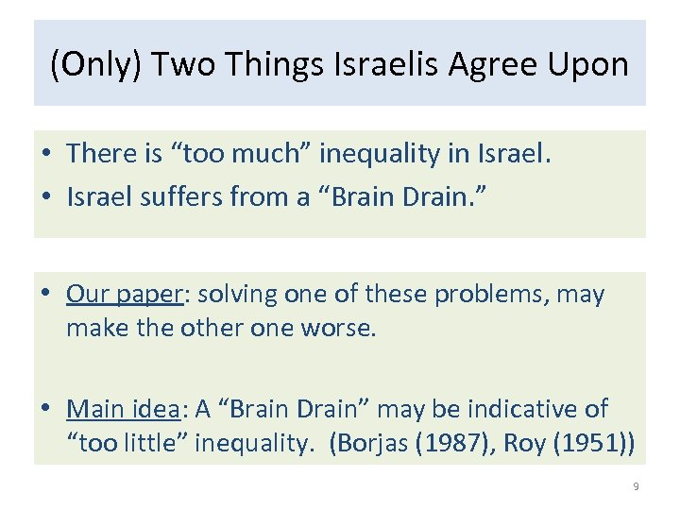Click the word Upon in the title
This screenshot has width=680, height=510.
[x=590, y=65]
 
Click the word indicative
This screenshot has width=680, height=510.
[x=516, y=410]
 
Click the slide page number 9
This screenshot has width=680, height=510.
[x=636, y=486]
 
